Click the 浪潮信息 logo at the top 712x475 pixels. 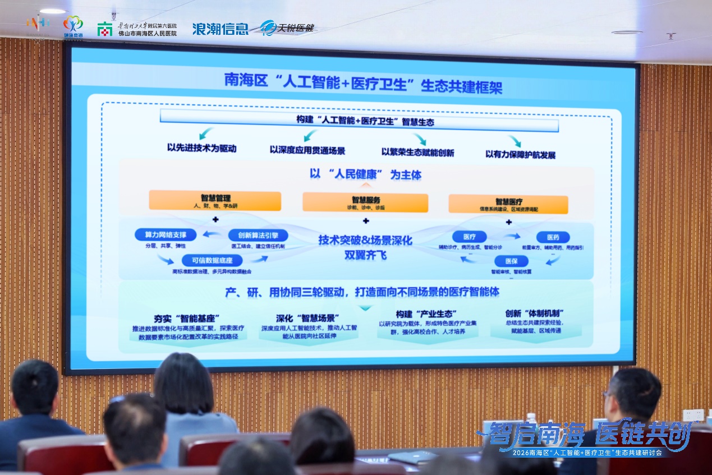tap(220, 29)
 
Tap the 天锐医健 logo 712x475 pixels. tap(287, 27)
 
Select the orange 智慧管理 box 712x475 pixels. tap(215, 201)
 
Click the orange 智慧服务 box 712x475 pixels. tap(365, 202)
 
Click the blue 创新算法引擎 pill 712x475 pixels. tap(258, 236)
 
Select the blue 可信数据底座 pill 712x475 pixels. tap(212, 260)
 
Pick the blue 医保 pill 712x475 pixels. tap(511, 261)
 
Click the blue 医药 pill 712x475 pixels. tap(553, 237)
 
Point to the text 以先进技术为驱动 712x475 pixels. tap(202, 149)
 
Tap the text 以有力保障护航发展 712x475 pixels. tap(520, 154)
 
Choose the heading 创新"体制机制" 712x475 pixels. tap(534, 314)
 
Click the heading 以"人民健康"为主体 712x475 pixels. tap(365, 174)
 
